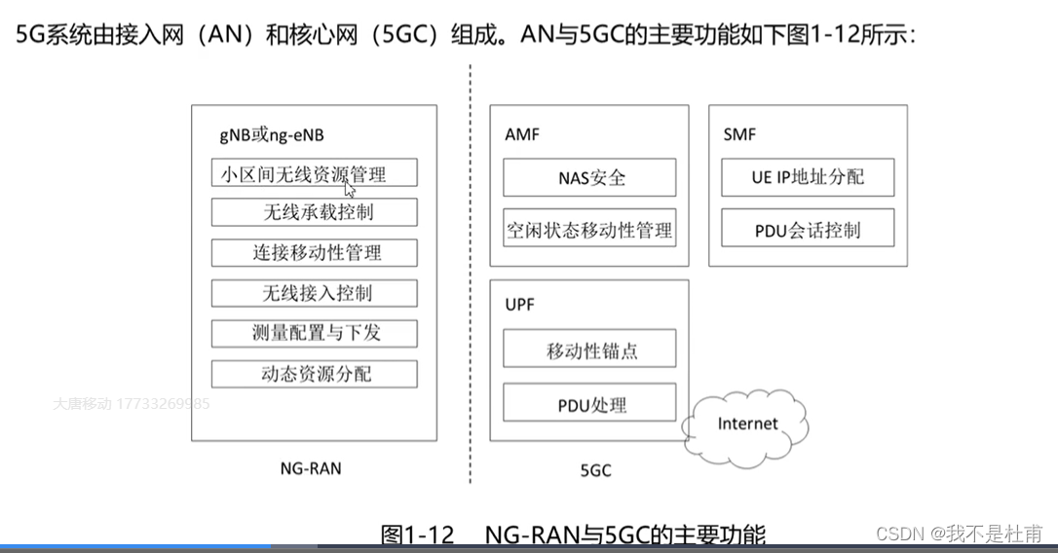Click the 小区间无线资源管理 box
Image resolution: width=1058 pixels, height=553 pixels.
click(x=314, y=172)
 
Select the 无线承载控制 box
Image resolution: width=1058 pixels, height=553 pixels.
click(x=314, y=212)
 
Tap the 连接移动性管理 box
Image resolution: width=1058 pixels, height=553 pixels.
click(x=314, y=253)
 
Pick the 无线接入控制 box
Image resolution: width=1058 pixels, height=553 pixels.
click(x=314, y=293)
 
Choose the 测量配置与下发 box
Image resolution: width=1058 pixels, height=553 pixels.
click(x=314, y=333)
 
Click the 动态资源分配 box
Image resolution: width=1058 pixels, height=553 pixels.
click(x=314, y=374)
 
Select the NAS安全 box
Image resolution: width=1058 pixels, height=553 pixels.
click(x=589, y=178)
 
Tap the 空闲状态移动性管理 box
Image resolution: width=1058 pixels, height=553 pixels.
click(x=589, y=231)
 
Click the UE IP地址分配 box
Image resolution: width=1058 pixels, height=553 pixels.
click(x=808, y=178)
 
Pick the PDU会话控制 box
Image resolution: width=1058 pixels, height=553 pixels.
click(x=808, y=231)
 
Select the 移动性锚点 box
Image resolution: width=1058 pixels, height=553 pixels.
click(x=589, y=350)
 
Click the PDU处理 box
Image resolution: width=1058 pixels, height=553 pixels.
click(x=589, y=403)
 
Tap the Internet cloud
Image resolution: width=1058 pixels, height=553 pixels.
click(x=747, y=424)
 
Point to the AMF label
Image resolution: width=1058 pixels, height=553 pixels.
click(x=522, y=134)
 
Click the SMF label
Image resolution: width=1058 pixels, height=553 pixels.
click(x=739, y=134)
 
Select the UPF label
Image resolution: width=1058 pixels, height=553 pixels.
click(x=520, y=305)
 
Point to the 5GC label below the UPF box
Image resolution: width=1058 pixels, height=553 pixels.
click(x=595, y=471)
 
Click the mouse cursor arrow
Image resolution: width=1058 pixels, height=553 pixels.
click(x=349, y=189)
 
